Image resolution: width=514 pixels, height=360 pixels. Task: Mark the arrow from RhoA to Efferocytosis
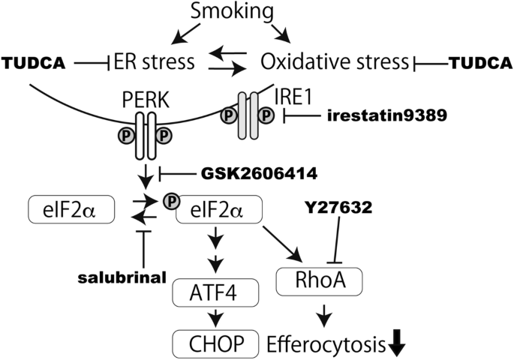(x=321, y=313)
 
